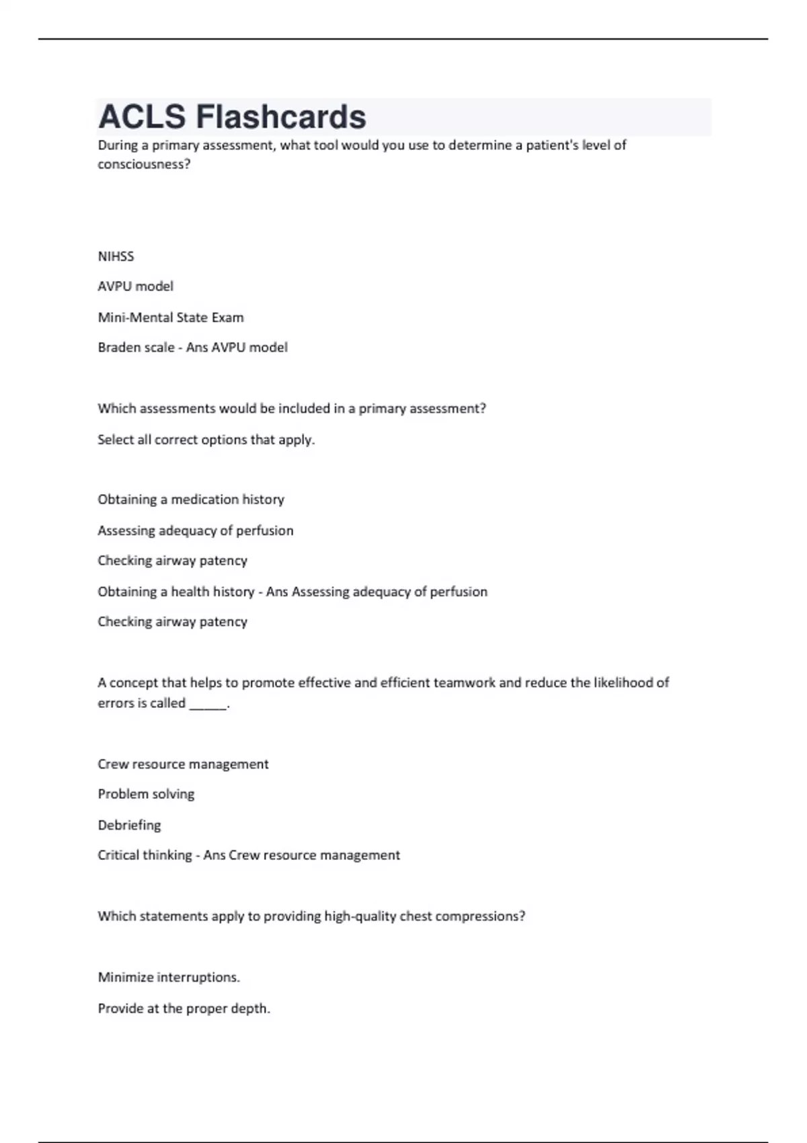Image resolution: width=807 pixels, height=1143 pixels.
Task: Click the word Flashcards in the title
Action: pos(280,117)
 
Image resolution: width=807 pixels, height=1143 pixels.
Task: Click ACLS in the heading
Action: pos(142,117)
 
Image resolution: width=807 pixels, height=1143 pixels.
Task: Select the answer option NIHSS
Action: pos(116,256)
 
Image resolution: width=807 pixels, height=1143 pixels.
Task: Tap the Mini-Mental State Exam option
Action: pos(171,317)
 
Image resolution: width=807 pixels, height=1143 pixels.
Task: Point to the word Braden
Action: pos(118,348)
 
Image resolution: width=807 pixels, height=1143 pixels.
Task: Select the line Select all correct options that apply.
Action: pos(206,440)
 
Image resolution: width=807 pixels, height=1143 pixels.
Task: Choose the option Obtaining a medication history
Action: pos(191,500)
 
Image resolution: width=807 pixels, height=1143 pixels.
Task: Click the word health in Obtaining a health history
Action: pos(190,592)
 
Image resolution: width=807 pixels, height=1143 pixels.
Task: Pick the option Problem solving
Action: pos(146,794)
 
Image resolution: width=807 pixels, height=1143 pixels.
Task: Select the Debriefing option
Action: pos(129,825)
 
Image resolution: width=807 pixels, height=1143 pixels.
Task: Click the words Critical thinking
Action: pos(145,855)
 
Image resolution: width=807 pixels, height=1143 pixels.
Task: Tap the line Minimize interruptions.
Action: pos(169,978)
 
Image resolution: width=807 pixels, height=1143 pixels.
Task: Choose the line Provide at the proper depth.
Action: pos(184,1009)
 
